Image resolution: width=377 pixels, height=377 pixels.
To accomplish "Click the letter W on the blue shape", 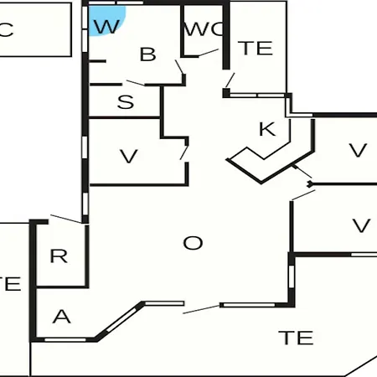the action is (x=107, y=27).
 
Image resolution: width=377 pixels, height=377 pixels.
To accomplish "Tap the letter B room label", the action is (x=148, y=54).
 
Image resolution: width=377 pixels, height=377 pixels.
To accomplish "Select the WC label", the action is (x=204, y=28).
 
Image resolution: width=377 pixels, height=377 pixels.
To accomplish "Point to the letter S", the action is (x=126, y=101).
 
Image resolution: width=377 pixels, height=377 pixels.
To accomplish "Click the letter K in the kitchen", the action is (x=267, y=129).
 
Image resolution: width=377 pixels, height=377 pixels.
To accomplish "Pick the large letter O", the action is (x=193, y=243).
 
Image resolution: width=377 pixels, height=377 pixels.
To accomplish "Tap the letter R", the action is (x=59, y=256).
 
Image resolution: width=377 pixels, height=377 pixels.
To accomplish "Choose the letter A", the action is (x=62, y=317).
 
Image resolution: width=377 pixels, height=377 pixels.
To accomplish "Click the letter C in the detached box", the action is (x=6, y=29).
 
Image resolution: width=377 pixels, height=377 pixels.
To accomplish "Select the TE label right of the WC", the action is (x=255, y=49).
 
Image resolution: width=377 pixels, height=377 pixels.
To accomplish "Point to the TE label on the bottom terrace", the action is (x=296, y=338).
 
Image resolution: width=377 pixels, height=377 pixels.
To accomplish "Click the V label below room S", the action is (x=129, y=156).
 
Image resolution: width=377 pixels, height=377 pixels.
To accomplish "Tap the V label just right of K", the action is (x=358, y=150).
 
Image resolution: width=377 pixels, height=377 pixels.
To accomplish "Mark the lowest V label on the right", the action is (x=361, y=225).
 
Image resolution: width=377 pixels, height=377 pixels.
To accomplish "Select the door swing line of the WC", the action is (x=209, y=53).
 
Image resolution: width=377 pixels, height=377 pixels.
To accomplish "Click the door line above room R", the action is (x=66, y=219).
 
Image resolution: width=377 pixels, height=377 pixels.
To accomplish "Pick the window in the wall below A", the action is (x=65, y=340).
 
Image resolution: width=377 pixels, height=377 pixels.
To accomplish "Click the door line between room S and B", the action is (x=136, y=83).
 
